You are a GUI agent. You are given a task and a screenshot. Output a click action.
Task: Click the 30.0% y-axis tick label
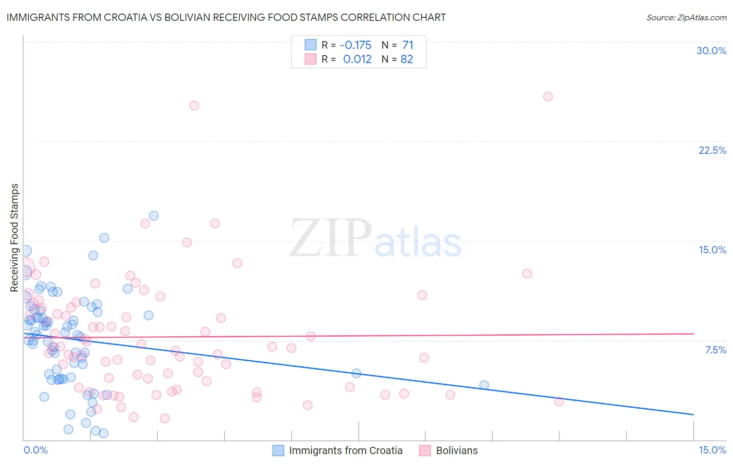pyautogui.click(x=711, y=51)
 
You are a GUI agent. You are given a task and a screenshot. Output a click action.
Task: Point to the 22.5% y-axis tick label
pyautogui.click(x=712, y=150)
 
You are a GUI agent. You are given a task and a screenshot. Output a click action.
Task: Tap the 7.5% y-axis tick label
pyautogui.click(x=715, y=350)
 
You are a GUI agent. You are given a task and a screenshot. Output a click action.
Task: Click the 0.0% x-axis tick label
pyautogui.click(x=35, y=450)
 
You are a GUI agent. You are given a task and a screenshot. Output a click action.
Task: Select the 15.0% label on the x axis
pyautogui.click(x=712, y=450)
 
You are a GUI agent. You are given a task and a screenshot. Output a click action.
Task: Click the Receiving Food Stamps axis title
pyautogui.click(x=15, y=238)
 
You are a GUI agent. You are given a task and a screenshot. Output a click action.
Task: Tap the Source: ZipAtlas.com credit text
pyautogui.click(x=686, y=17)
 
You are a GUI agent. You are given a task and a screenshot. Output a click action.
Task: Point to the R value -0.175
pyautogui.click(x=356, y=45)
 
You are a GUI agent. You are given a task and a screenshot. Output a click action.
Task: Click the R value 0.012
pyautogui.click(x=357, y=59)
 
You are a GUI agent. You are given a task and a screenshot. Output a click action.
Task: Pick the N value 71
pyautogui.click(x=407, y=45)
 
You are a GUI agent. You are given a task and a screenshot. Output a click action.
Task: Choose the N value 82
pyautogui.click(x=407, y=59)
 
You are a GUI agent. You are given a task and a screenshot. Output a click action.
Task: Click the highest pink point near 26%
pyautogui.click(x=547, y=96)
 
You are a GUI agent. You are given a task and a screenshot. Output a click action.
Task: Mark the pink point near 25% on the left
pyautogui.click(x=194, y=105)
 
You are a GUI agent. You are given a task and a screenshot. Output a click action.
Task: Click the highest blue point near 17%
pyautogui.click(x=153, y=215)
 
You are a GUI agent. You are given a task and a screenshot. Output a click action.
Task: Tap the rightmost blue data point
pyautogui.click(x=484, y=385)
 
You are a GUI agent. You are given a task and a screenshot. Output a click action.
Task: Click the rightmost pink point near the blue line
pyautogui.click(x=559, y=401)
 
